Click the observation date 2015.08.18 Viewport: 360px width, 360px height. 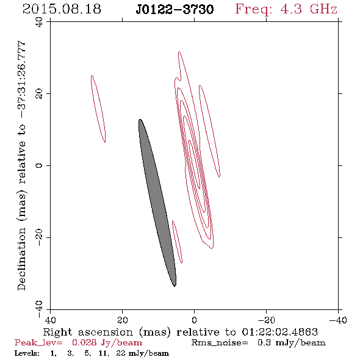pos(62,9)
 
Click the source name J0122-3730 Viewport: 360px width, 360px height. pos(175,9)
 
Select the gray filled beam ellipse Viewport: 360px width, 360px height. pos(157,203)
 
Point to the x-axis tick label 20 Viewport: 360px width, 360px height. pos(123,320)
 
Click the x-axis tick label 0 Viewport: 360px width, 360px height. pos(194,320)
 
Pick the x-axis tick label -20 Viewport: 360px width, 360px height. pos(266,320)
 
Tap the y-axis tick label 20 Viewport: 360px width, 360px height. pos(39,94)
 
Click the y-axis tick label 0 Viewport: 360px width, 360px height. pos(39,165)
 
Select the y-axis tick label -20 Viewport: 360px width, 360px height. pos(39,237)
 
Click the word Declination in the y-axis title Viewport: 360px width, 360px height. pos(21,259)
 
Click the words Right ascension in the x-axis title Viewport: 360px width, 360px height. pos(88,332)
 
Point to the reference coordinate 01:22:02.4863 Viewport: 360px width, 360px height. pos(279,332)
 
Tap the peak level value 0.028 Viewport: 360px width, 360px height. pos(84,342)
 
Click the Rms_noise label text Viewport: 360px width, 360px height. pos(220,342)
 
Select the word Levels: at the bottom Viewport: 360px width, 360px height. pos(27,353)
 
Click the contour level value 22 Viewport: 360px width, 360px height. pos(121,353)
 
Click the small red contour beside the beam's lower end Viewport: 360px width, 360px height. pos(177,242)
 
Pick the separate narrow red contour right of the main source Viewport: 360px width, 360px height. pos(210,131)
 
